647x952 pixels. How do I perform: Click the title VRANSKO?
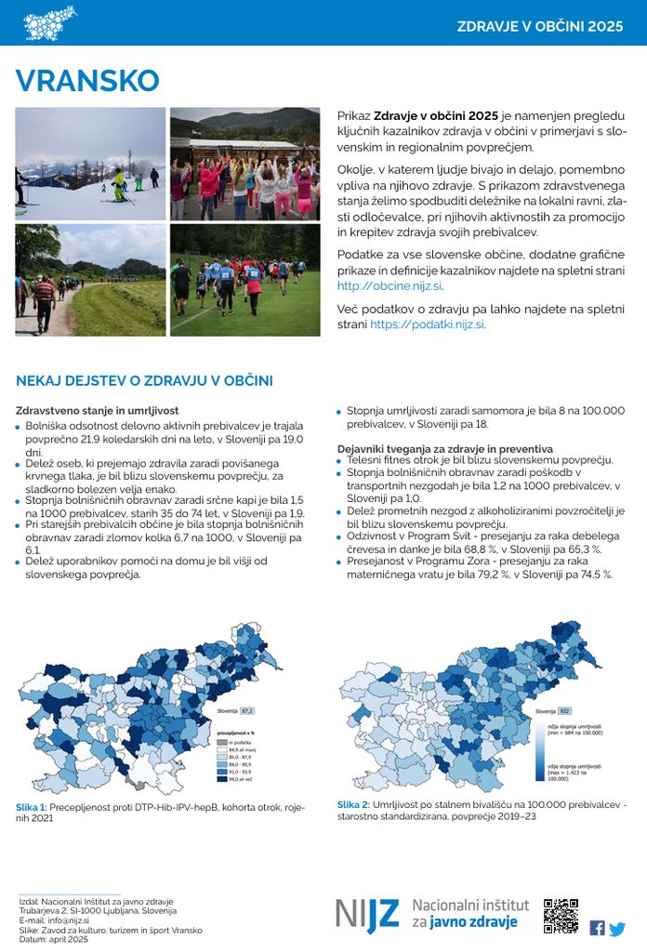point(87,81)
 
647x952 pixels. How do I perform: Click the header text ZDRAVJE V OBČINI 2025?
point(539,26)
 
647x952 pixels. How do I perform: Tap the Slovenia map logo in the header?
point(50,22)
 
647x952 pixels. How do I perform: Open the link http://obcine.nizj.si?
point(390,286)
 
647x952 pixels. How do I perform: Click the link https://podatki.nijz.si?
point(427,324)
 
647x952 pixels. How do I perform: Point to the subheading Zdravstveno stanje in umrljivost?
point(98,410)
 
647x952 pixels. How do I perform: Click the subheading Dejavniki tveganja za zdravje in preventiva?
point(444,448)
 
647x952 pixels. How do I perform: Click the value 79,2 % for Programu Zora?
point(508,575)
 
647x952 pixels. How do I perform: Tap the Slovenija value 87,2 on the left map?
point(246,710)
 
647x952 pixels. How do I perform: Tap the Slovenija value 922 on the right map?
point(564,710)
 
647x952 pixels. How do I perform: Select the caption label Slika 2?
point(353,804)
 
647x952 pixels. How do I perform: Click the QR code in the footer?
point(561,916)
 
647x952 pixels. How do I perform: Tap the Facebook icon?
point(597,928)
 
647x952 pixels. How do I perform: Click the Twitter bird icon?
point(617,928)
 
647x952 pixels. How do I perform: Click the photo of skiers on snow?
point(90,163)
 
